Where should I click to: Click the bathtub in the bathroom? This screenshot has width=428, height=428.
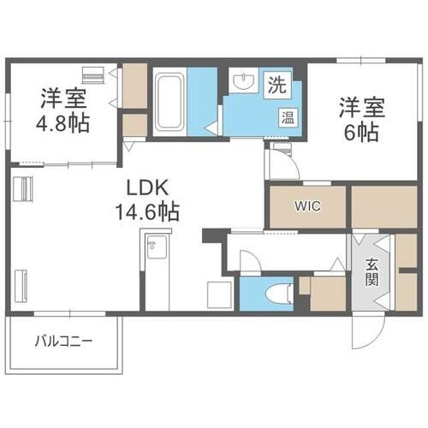169,102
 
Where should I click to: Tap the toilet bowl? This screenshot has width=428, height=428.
279,294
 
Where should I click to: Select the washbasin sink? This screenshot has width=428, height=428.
243,80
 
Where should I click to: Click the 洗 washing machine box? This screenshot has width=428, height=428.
277,85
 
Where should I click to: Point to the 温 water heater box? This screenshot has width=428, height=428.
288,117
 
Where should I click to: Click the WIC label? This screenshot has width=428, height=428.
308,206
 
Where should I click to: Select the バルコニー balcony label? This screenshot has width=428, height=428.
63,341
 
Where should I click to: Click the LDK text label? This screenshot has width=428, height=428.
147,187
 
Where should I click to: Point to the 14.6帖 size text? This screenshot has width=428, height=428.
147,212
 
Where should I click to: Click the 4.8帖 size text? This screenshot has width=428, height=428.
62,123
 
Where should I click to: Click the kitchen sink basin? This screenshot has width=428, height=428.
157,247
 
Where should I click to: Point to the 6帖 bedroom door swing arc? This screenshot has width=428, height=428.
288,160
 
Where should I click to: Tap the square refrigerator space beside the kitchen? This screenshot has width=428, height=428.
219,294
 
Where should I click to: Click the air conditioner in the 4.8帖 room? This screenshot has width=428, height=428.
92,75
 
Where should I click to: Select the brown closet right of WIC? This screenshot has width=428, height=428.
384,207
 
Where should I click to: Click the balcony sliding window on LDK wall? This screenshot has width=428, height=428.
70,314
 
